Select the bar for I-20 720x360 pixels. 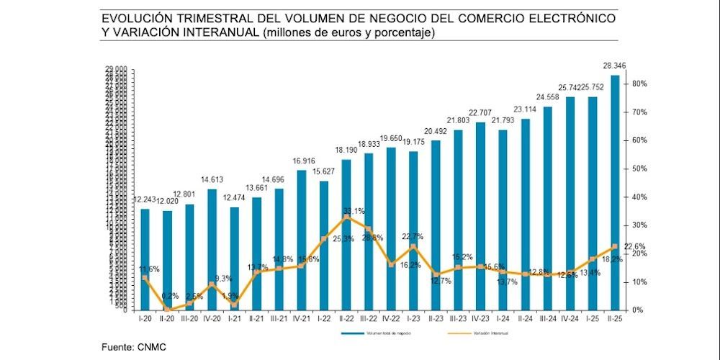click(x=145, y=259)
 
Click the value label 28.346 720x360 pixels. click(x=615, y=66)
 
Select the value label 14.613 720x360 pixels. click(x=212, y=181)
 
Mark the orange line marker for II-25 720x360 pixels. click(x=615, y=246)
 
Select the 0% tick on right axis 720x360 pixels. click(x=638, y=310)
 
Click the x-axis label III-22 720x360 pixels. click(x=369, y=319)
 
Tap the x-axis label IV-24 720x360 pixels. click(x=570, y=319)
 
